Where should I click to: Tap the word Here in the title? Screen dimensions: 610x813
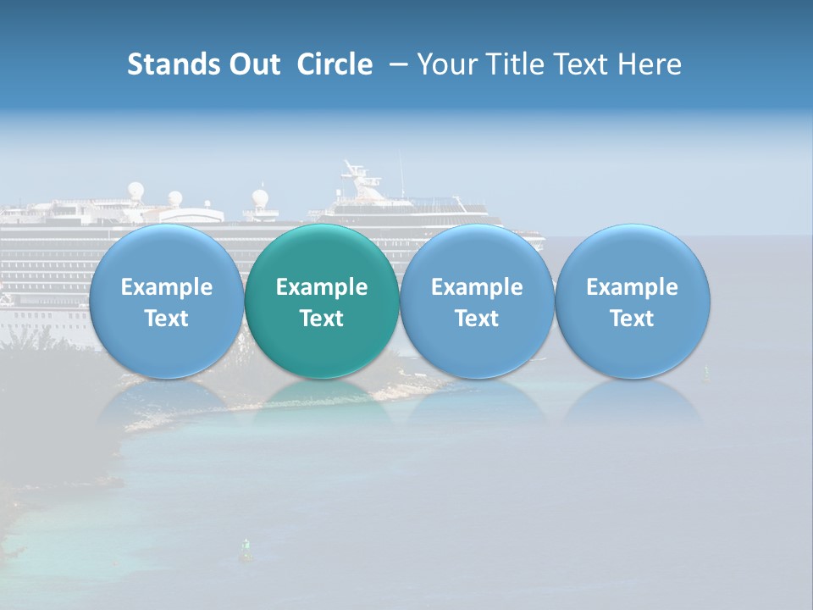(650, 64)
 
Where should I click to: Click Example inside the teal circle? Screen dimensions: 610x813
(322, 287)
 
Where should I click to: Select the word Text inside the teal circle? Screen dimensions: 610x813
(322, 319)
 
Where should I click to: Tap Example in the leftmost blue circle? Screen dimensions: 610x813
(167, 287)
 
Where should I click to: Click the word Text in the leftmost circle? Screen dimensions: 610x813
(167, 319)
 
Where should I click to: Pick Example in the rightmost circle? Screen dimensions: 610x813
(632, 287)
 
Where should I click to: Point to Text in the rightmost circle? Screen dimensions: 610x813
(632, 319)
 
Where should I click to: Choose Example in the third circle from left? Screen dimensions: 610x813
(477, 287)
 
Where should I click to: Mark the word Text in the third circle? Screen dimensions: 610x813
(477, 319)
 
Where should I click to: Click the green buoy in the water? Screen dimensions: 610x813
(246, 550)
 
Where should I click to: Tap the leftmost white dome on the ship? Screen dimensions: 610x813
(135, 190)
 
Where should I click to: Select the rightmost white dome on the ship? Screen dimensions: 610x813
(260, 198)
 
